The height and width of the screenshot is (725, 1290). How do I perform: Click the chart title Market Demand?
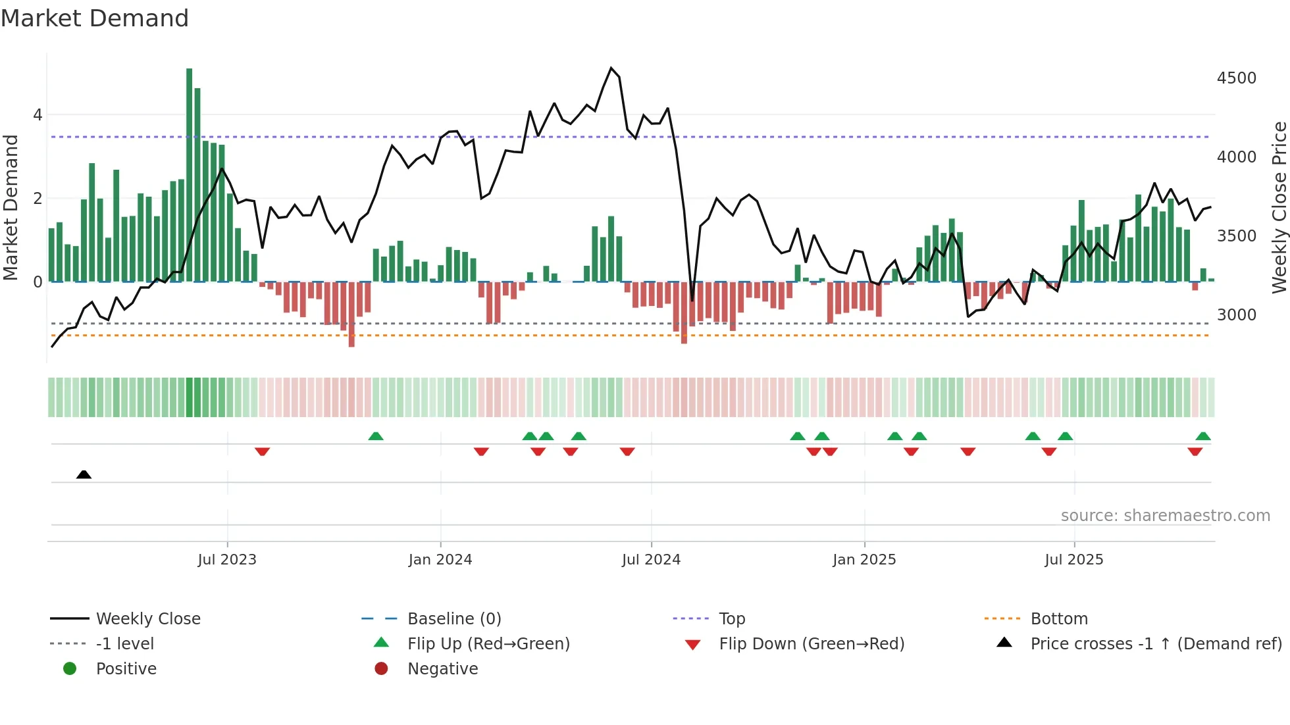click(95, 18)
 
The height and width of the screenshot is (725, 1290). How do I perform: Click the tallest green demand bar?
click(190, 174)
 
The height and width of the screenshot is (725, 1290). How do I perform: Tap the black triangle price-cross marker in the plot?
click(84, 474)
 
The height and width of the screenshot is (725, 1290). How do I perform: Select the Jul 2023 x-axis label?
click(227, 560)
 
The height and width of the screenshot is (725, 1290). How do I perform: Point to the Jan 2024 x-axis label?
click(440, 560)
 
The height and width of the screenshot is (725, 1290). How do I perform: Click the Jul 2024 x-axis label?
click(651, 560)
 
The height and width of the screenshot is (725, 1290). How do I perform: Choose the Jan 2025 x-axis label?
click(864, 560)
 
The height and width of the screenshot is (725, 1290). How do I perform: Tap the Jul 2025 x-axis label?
click(1074, 560)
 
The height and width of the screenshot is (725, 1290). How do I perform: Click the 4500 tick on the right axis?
click(1237, 78)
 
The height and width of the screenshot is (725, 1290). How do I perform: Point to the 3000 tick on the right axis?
click(1237, 315)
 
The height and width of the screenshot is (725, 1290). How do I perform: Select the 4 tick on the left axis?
click(38, 115)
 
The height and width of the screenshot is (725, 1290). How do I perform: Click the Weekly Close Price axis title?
click(1279, 207)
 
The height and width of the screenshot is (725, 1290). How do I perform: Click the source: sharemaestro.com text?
click(1165, 516)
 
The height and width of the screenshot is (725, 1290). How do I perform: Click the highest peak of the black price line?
click(611, 68)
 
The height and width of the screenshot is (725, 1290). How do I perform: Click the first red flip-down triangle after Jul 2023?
click(262, 451)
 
